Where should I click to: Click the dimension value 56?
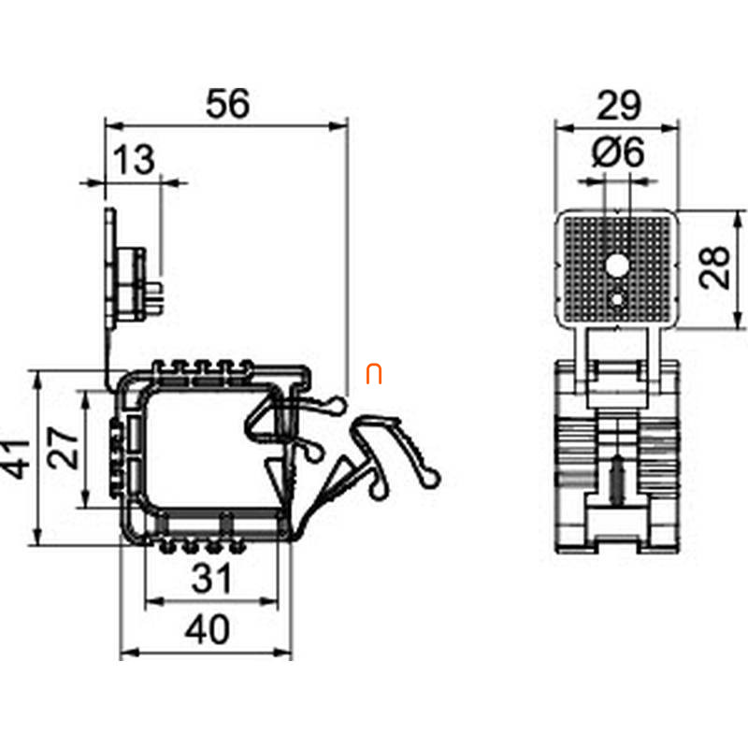tap(227, 104)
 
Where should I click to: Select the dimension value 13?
tap(134, 159)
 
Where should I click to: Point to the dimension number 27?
tap(63, 448)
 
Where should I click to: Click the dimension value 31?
tap(212, 578)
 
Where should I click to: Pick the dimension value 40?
tap(208, 629)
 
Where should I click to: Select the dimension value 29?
tap(619, 105)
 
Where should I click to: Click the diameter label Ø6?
tap(618, 151)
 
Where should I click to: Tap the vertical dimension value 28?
tap(714, 267)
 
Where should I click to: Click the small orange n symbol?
tap(374, 374)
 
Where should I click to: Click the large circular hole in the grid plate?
tap(618, 266)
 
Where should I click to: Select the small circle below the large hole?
tap(618, 299)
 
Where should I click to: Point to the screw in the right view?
tap(618, 480)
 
